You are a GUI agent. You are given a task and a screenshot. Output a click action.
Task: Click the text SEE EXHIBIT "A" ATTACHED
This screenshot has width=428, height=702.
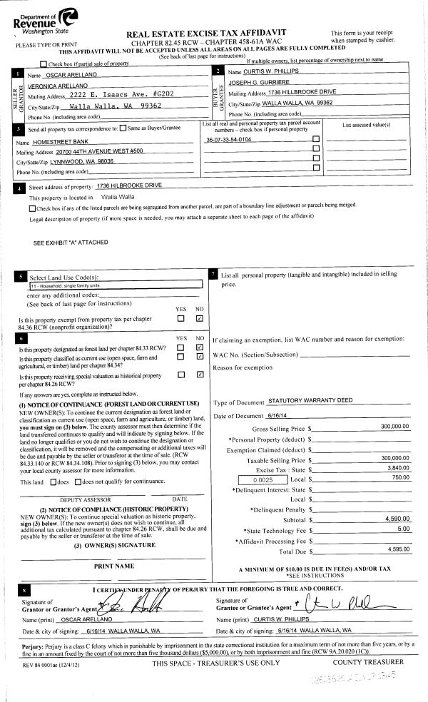(71, 243)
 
